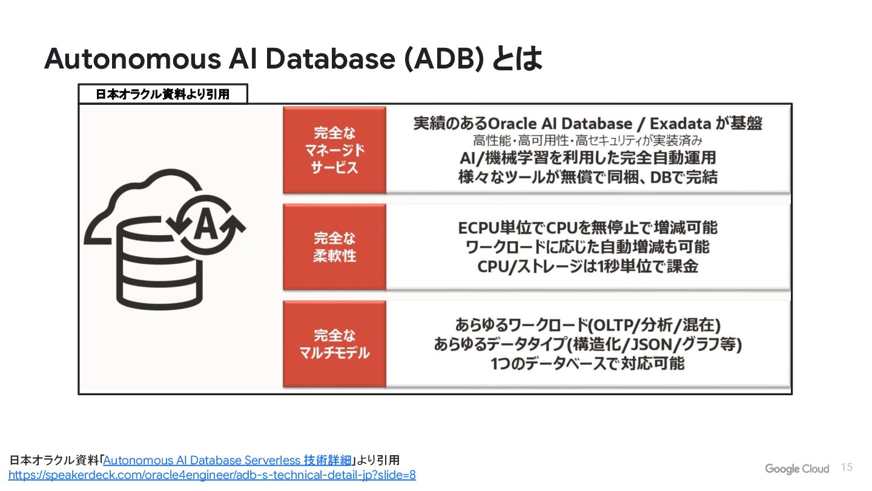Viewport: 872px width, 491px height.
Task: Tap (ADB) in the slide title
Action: [x=444, y=59]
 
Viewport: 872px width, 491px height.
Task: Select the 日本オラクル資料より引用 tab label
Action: [x=163, y=95]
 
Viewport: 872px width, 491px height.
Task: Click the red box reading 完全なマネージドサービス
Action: [x=334, y=150]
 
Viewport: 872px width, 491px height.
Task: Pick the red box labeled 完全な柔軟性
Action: [x=334, y=247]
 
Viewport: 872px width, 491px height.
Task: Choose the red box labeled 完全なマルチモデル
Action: [x=334, y=344]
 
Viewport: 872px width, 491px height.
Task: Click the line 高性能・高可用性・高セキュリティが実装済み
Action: [x=587, y=141]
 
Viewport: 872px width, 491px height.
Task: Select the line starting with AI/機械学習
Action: [x=587, y=158]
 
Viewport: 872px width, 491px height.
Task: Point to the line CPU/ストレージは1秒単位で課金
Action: [x=587, y=266]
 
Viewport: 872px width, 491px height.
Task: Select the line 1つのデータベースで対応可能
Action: [x=587, y=364]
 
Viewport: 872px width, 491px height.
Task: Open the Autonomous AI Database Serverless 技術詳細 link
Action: [x=227, y=460]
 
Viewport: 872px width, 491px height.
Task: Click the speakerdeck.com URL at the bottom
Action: [x=212, y=475]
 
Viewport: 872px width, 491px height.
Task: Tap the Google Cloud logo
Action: [x=796, y=469]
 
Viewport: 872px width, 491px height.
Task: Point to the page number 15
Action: [x=847, y=467]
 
